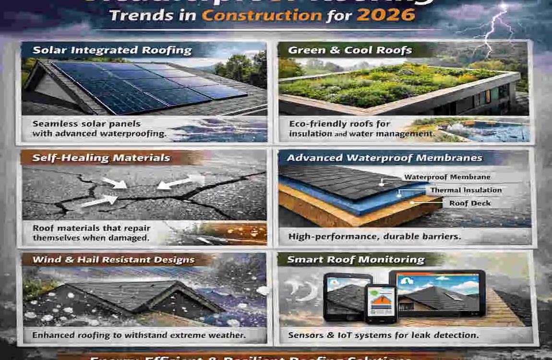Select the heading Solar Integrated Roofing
pos(112,50)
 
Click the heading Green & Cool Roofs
pos(350,50)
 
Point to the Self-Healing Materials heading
pos(101,157)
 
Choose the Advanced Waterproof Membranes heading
pos(384,157)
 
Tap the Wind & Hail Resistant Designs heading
pos(113,260)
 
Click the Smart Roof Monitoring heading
pos(356,260)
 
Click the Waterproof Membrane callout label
pos(447,177)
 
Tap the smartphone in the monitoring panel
pos(380,302)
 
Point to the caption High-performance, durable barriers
pos(374,236)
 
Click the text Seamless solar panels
pos(86,124)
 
